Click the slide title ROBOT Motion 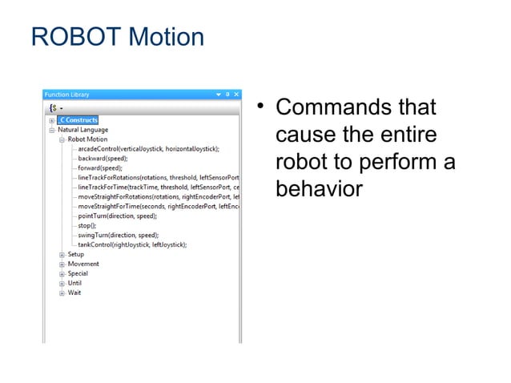[x=116, y=37]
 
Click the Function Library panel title [x=68, y=94]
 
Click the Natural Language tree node [x=82, y=130]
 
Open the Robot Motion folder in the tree [x=87, y=139]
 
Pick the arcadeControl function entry [x=148, y=149]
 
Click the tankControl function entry [x=132, y=244]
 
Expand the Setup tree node [x=62, y=255]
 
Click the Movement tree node [x=83, y=264]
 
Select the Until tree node [x=74, y=283]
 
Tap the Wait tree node [x=74, y=292]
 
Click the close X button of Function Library [x=235, y=94]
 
